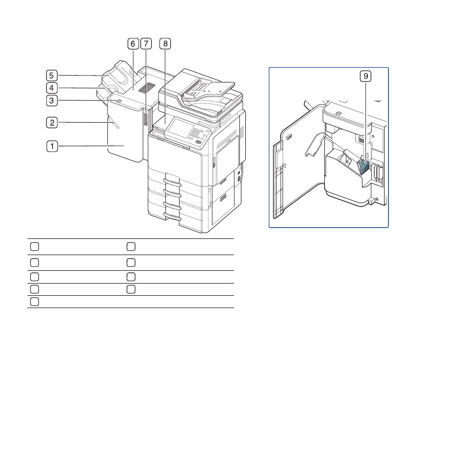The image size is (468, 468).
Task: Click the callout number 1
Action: pyautogui.click(x=52, y=146)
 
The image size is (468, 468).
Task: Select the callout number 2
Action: pyautogui.click(x=52, y=123)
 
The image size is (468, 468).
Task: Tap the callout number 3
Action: pyautogui.click(x=52, y=101)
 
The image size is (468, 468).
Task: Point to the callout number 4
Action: pyautogui.click(x=52, y=88)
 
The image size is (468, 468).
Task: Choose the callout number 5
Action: pyautogui.click(x=52, y=76)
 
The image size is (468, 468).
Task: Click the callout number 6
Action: pyautogui.click(x=133, y=44)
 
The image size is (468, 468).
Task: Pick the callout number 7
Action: pyautogui.click(x=146, y=44)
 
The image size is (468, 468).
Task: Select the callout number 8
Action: pyautogui.click(x=165, y=44)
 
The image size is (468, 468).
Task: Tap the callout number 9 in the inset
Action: pyautogui.click(x=365, y=76)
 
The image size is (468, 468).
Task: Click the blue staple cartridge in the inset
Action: pyautogui.click(x=363, y=166)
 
